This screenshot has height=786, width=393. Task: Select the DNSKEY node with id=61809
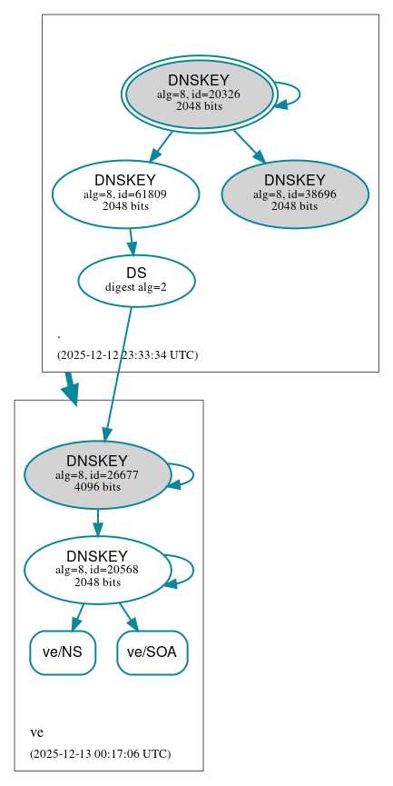pos(125,194)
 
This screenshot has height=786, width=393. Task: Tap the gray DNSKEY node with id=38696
pos(295,194)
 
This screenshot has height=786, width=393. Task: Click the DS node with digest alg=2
pos(136,280)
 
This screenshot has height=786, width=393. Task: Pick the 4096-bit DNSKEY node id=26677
pos(97,474)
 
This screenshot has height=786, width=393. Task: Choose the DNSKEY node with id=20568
pos(97,570)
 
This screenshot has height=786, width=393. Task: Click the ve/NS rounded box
pos(63,652)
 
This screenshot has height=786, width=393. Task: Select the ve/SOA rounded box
pos(152,652)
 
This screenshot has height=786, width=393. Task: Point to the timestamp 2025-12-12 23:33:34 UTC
pos(127,354)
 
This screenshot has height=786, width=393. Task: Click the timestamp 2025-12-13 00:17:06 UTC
pos(100,753)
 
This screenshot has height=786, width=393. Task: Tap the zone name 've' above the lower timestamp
pos(36,732)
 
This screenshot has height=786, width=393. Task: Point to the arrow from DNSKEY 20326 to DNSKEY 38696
pos(248,145)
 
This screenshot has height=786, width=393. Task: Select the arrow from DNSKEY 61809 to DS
pos(132,242)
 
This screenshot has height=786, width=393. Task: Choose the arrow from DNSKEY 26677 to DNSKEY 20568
pos(97,522)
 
